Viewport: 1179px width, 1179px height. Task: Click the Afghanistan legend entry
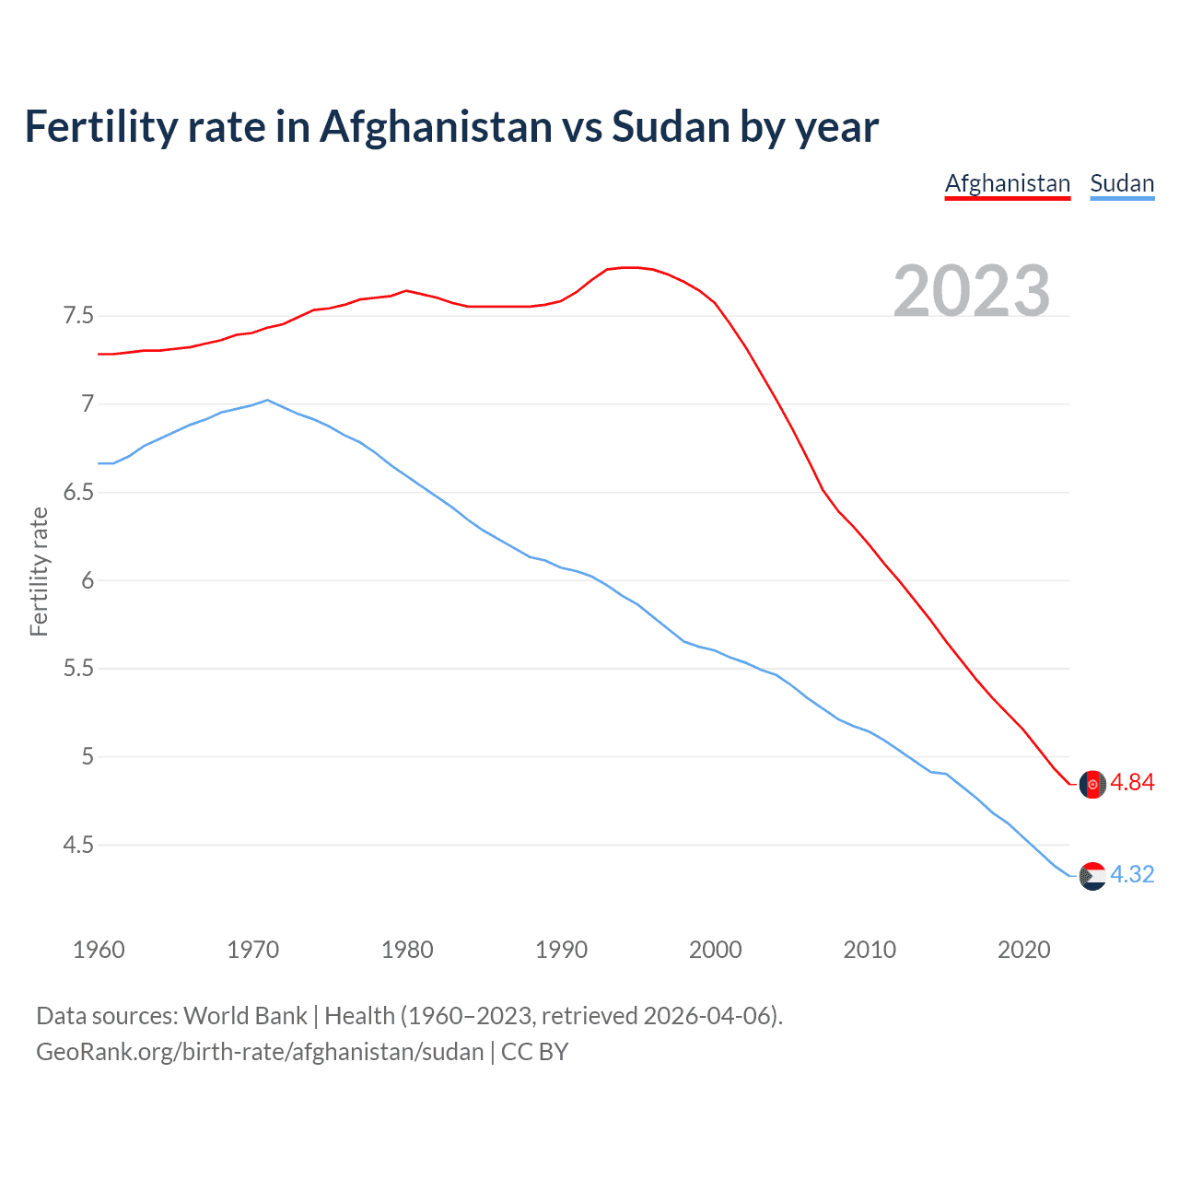point(1008,183)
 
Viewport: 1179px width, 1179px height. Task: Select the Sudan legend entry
point(1122,183)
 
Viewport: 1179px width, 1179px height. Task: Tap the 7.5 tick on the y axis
point(78,316)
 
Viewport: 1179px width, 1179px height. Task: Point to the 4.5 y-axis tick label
point(78,845)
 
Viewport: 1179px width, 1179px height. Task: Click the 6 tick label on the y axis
point(88,580)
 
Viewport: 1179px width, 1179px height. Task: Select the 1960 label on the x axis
point(99,950)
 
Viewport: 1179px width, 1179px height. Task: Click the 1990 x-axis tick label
point(561,950)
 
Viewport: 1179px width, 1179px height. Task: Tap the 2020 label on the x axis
point(1023,950)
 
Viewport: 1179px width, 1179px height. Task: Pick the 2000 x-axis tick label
point(715,950)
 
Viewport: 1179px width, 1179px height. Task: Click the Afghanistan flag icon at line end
point(1092,784)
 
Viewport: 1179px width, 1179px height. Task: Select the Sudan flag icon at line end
point(1092,876)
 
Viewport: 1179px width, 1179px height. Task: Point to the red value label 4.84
point(1132,783)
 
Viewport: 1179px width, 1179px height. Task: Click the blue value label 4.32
point(1132,875)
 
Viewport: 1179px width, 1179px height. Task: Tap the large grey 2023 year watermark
point(972,291)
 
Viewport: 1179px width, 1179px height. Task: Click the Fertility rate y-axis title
point(39,571)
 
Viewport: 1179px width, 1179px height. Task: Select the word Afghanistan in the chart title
point(436,126)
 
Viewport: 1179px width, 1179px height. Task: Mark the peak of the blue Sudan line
point(267,400)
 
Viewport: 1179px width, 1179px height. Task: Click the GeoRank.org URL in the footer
point(260,1052)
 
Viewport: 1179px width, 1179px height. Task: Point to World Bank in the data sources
point(245,1016)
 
